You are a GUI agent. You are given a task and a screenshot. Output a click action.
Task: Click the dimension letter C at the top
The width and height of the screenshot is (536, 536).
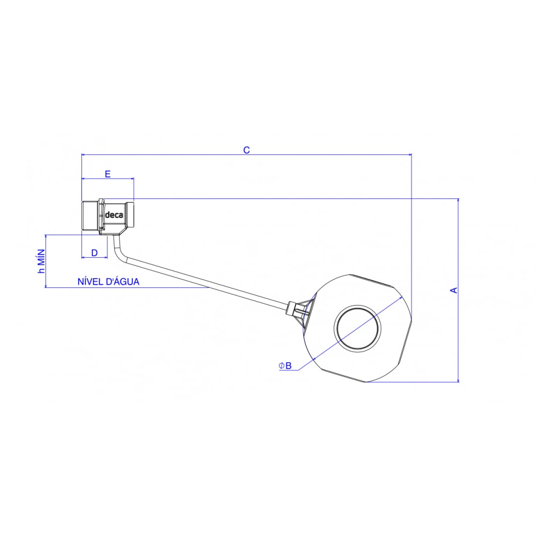click(x=247, y=150)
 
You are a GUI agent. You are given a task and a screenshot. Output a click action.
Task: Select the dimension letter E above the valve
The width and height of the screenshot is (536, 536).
click(x=108, y=174)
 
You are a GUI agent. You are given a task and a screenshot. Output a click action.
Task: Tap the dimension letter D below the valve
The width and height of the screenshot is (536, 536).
click(x=94, y=252)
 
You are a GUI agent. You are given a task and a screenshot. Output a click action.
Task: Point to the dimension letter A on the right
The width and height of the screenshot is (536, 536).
click(x=453, y=290)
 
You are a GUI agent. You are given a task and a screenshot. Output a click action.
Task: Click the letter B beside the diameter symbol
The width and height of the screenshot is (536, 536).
click(x=288, y=366)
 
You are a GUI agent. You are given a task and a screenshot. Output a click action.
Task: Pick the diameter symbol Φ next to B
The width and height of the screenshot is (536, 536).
click(x=281, y=366)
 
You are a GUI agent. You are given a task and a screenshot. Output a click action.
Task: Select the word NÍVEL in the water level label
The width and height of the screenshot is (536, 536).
click(x=90, y=281)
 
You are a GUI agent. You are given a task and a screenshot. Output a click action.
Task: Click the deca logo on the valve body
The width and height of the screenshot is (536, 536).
click(x=113, y=215)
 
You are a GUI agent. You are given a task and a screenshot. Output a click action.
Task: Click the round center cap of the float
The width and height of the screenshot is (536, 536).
click(x=358, y=329)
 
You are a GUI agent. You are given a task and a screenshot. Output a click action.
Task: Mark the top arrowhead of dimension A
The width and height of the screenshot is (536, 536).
click(x=458, y=200)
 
